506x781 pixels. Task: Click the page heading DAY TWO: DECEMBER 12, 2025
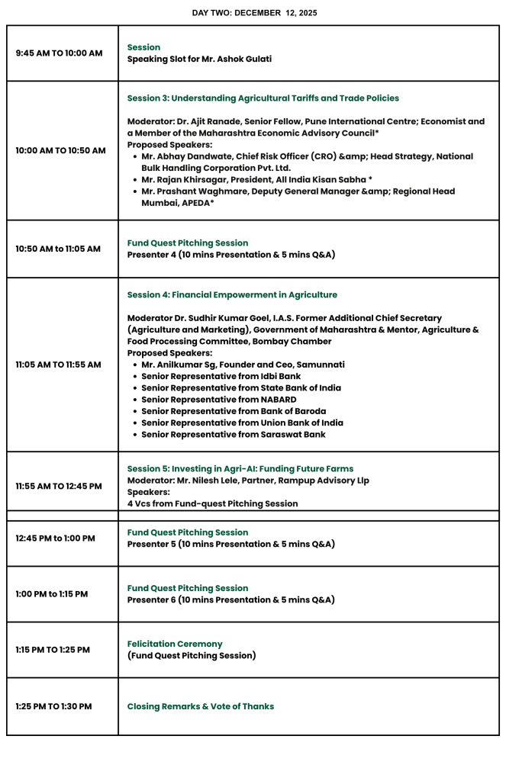click(x=254, y=13)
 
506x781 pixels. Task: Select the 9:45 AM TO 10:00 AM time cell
click(x=59, y=53)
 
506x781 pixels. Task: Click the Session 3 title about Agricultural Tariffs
click(x=263, y=98)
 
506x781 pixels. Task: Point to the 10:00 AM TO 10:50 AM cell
click(x=60, y=150)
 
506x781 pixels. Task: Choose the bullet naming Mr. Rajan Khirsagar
click(x=256, y=179)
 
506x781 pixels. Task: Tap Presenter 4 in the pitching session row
click(x=151, y=255)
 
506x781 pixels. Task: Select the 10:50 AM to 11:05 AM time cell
click(x=58, y=249)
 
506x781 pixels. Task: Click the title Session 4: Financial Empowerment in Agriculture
click(x=232, y=294)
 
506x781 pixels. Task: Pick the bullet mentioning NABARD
click(x=219, y=400)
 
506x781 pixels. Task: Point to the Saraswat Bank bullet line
click(x=234, y=435)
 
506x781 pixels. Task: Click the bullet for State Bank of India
click(x=241, y=388)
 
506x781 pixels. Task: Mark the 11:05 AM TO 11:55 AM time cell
click(x=58, y=365)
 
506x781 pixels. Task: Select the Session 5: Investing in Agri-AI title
click(x=240, y=468)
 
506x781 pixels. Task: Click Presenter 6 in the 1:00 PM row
click(x=151, y=599)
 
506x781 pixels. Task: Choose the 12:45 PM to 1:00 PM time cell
click(x=56, y=538)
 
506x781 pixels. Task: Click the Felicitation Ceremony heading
click(x=175, y=644)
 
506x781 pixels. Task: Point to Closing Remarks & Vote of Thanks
click(x=200, y=706)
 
